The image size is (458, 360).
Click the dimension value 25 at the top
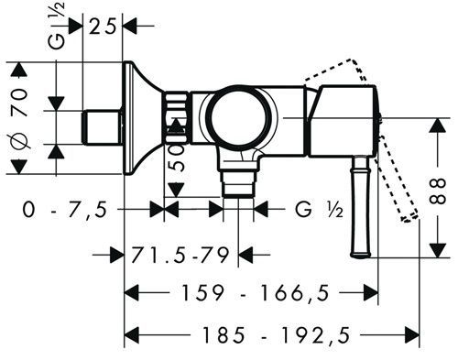point(103,27)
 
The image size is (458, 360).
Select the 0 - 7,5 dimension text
point(65,210)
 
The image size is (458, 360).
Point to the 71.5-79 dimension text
point(180,255)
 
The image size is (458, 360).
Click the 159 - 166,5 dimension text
point(256,293)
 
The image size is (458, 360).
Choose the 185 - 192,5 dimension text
point(276,335)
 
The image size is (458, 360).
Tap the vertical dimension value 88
point(438,191)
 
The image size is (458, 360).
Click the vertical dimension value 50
point(177,158)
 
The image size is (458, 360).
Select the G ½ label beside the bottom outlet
point(319,210)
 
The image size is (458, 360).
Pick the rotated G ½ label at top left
point(57,26)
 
